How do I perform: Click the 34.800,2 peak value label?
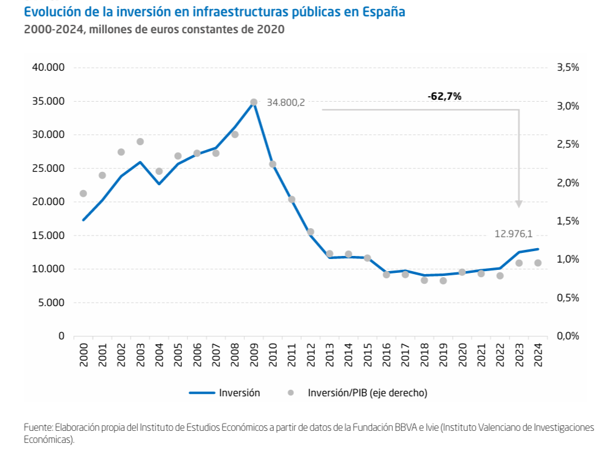[285, 103]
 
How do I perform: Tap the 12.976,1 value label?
[514, 234]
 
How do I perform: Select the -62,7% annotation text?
[444, 96]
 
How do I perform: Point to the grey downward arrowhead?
[519, 204]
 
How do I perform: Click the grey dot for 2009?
[254, 102]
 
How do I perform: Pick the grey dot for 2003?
[140, 142]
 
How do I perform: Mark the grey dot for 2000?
[83, 194]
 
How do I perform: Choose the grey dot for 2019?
[443, 281]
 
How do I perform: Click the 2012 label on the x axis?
[311, 354]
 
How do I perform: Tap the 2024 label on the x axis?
[538, 354]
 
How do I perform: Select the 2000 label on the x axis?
[83, 354]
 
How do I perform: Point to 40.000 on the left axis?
[48, 67]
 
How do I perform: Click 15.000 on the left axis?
[48, 235]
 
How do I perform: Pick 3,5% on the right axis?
[567, 67]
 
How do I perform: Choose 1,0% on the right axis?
[567, 260]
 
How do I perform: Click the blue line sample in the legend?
[202, 393]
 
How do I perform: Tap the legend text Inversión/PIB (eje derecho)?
[367, 393]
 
